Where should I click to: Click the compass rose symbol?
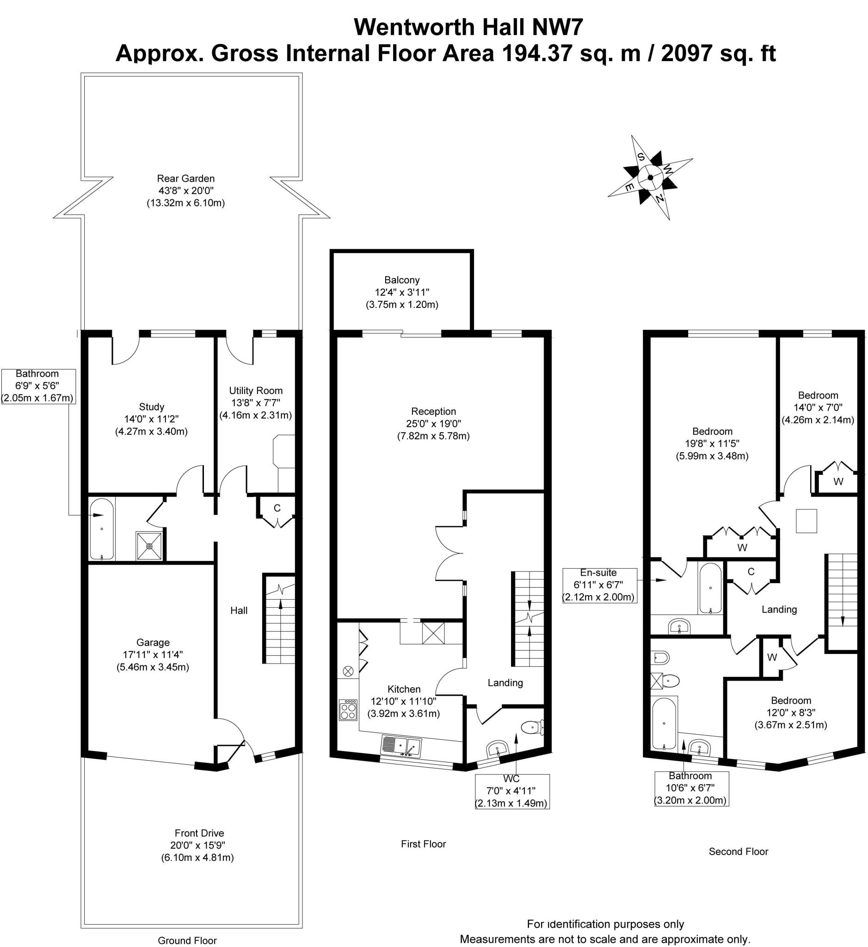click(650, 178)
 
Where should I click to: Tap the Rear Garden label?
click(185, 178)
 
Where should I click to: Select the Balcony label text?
click(401, 280)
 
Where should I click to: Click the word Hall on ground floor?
click(239, 610)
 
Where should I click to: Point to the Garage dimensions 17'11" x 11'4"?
click(153, 654)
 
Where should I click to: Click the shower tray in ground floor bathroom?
click(149, 546)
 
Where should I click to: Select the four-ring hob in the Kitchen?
click(348, 709)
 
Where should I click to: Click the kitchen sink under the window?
click(401, 745)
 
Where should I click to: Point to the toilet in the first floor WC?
click(533, 728)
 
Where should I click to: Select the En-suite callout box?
click(599, 585)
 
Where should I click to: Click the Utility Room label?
click(256, 390)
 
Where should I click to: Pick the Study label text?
click(151, 407)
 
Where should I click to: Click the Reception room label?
click(433, 412)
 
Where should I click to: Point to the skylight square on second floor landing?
click(806, 521)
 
